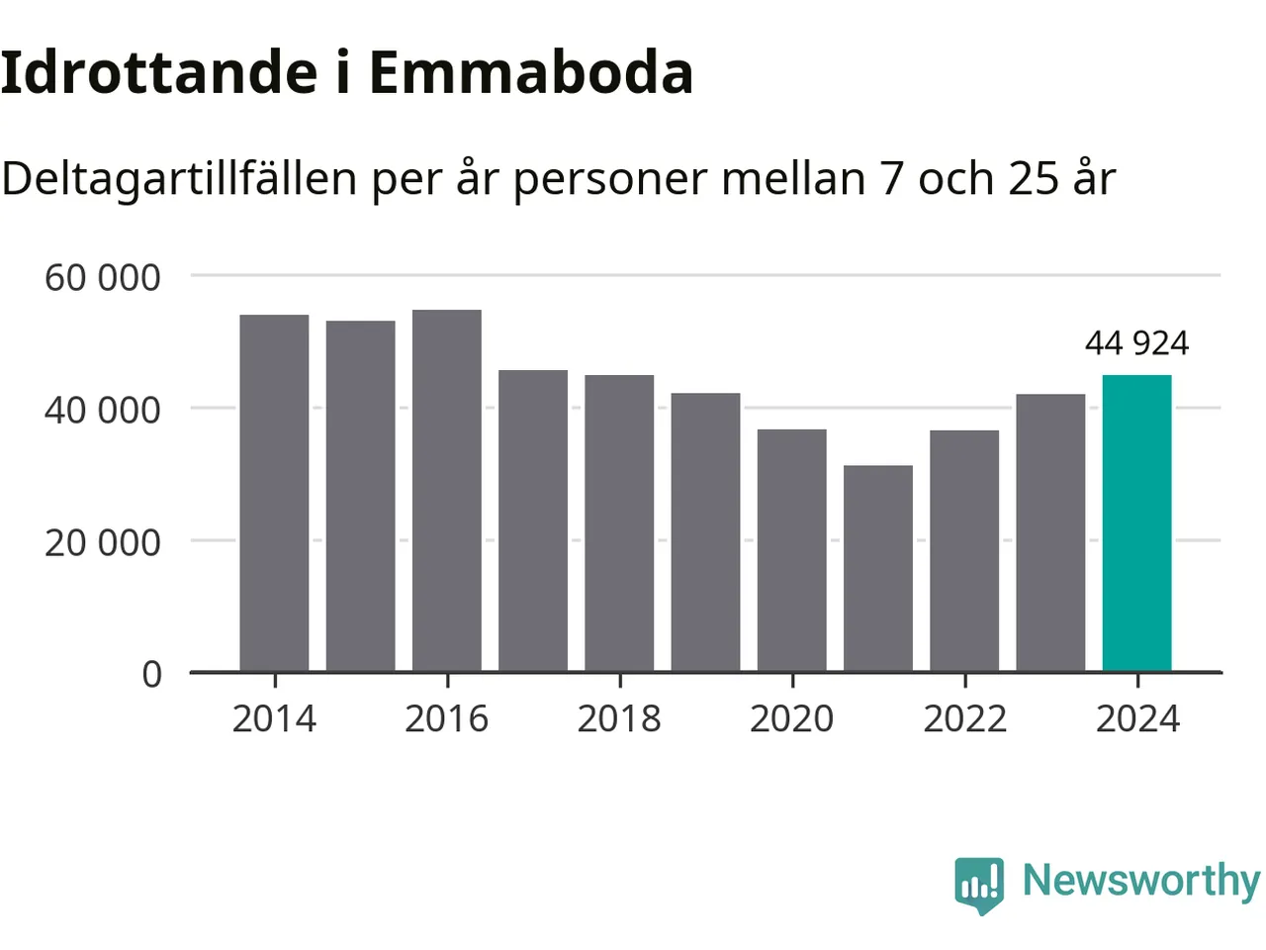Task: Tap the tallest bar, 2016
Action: pos(447,491)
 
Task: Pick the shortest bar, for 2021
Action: pos(878,568)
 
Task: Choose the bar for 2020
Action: pos(792,550)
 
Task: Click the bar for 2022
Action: pos(964,550)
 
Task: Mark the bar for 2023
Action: pos(1050,532)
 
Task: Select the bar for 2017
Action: pos(533,521)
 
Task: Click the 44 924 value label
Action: pos(1136,343)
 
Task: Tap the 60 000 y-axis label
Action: pos(102,278)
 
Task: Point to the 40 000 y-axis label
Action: pos(102,410)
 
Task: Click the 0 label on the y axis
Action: pos(151,674)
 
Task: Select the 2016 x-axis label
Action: pos(447,718)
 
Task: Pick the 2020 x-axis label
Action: pos(792,718)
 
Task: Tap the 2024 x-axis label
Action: pos(1137,718)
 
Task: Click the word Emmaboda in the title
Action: pos(531,72)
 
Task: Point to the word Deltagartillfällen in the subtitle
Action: pos(179,179)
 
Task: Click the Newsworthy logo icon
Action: pos(979,884)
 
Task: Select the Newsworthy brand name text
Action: pos(1141,880)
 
